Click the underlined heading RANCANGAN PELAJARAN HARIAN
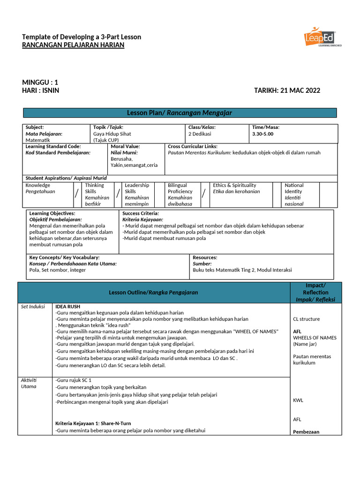coord(74,45)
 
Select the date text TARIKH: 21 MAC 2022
coord(287,90)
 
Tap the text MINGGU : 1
coord(40,82)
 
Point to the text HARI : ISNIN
coord(41,90)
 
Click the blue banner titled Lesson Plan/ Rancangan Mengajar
coord(180,113)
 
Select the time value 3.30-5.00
coord(262,134)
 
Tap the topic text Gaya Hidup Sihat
coord(112,134)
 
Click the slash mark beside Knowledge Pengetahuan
coord(77,194)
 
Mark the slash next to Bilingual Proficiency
coord(203,194)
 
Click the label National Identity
coord(294,188)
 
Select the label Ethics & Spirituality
coord(234,185)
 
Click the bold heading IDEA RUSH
coord(67,307)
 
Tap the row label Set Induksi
coord(33,307)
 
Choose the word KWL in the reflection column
coord(298,400)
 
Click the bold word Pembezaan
coord(306,432)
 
